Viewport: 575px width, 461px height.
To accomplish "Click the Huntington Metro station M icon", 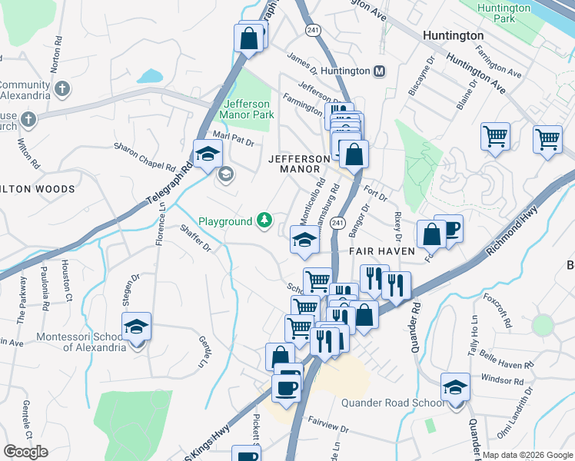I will point(379,71).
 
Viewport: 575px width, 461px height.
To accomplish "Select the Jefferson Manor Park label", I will point(248,109).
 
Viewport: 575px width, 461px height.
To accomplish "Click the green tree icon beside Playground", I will point(264,221).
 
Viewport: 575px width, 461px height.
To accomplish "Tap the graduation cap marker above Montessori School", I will point(136,327).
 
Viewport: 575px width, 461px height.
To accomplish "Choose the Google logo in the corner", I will point(26,452).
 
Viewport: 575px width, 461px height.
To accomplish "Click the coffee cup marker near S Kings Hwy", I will point(287,386).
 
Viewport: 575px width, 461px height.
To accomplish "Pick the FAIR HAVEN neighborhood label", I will point(382,251).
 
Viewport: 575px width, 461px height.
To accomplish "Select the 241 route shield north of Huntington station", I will point(313,29).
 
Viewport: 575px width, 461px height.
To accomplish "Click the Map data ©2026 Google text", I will point(527,454).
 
